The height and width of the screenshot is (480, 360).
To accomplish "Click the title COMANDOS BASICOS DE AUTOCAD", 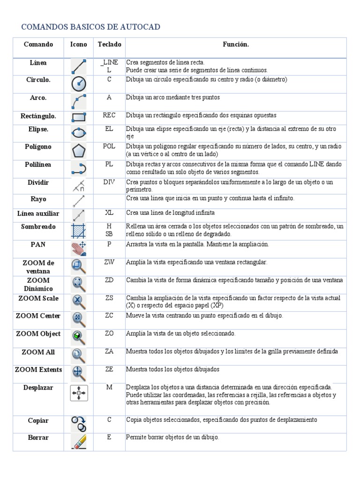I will (x=90, y=27).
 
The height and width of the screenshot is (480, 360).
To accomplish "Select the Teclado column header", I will (x=109, y=45).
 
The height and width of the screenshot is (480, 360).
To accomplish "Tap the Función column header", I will (x=235, y=45).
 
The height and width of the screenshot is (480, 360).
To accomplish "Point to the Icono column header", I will (x=78, y=45).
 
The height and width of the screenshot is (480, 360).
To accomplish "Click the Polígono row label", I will (x=38, y=147).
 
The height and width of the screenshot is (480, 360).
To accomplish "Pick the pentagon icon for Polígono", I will (x=78, y=150).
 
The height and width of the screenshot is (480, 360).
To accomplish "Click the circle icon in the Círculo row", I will (x=78, y=84).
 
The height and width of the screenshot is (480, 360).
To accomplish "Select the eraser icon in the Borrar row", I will (x=78, y=442).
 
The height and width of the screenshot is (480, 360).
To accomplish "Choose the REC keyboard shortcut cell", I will (x=109, y=115).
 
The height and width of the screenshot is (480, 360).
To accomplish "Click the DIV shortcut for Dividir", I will (x=109, y=182).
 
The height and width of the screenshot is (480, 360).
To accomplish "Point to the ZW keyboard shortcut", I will (x=109, y=262).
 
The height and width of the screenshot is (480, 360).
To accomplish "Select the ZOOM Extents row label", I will (x=38, y=370).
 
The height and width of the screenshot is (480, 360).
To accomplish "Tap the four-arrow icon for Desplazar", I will (x=78, y=392).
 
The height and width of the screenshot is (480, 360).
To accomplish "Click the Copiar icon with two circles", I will (x=78, y=423).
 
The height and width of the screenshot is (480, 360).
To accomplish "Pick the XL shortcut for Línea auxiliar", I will (x=109, y=213).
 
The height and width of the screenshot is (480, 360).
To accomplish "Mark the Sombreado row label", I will (x=38, y=227).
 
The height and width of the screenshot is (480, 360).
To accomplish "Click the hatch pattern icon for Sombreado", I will (x=78, y=231).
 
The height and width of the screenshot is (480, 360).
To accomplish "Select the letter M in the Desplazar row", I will (x=109, y=388).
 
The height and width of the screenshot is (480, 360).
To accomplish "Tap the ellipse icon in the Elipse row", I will (x=78, y=133).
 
